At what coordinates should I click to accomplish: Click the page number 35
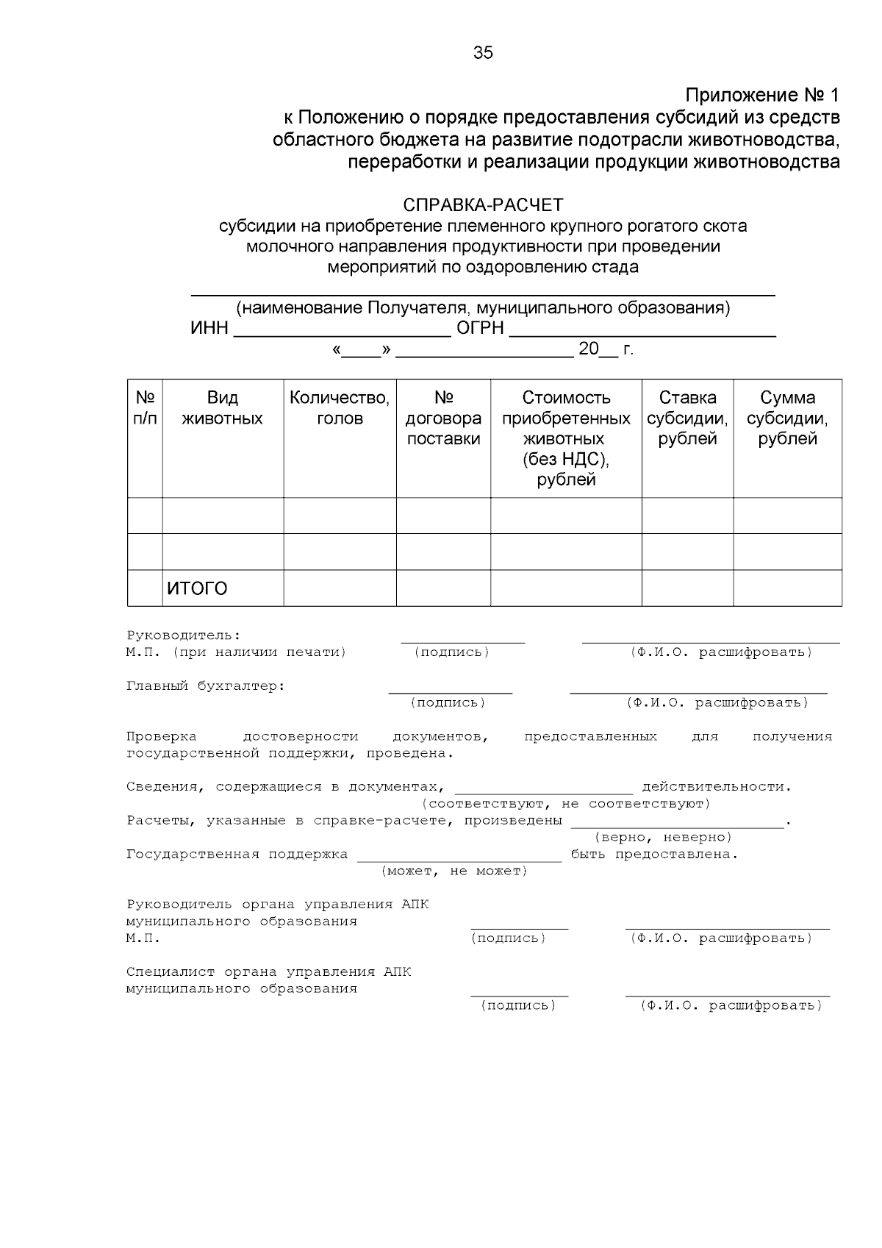[x=483, y=53]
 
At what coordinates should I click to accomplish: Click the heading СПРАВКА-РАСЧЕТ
[x=483, y=204]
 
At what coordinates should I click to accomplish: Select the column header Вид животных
[x=222, y=408]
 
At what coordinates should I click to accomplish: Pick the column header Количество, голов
[x=340, y=408]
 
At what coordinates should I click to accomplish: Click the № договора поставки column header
[x=443, y=418]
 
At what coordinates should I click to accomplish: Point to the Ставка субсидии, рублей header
[x=687, y=418]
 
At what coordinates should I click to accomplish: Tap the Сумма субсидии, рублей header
[x=787, y=418]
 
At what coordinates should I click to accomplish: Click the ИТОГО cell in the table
[x=197, y=588]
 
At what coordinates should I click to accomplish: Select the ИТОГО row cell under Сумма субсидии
[x=787, y=588]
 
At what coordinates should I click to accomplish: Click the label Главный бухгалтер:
[x=205, y=686]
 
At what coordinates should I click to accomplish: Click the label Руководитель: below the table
[x=183, y=635]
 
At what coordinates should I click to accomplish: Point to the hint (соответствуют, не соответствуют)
[x=565, y=804]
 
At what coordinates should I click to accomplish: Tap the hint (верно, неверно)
[x=662, y=838]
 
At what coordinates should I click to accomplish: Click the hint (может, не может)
[x=454, y=871]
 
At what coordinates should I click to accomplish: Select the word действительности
[x=717, y=787]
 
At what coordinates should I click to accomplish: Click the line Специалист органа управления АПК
[x=268, y=972]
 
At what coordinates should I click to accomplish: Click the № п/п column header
[x=145, y=408]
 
